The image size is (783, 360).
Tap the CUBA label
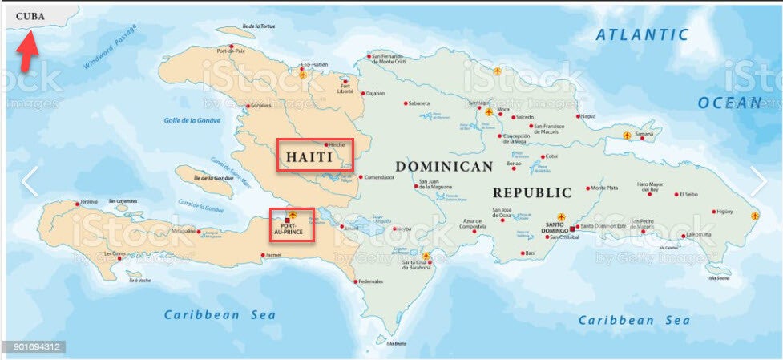point(30,14)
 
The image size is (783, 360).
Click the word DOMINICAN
point(444,166)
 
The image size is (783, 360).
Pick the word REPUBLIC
point(532,193)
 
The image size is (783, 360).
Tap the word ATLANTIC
point(642,34)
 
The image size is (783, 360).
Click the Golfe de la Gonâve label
point(192,121)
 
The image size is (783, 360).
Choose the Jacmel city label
point(273,257)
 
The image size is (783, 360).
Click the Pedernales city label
point(371,281)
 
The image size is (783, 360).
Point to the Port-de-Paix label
point(230,51)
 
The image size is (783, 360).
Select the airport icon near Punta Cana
point(754,216)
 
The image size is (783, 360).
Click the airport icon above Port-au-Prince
point(293,215)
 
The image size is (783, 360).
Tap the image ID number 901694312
point(33,347)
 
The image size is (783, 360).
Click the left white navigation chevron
point(29,182)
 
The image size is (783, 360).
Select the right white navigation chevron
point(757,182)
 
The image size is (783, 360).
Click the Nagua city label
point(588,116)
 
